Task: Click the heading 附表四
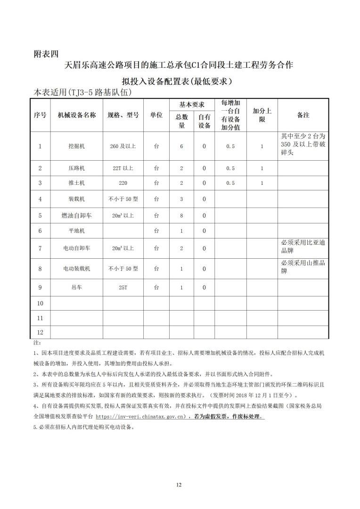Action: click(x=47, y=53)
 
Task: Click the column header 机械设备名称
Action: click(x=77, y=115)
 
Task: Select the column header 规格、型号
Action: click(x=123, y=115)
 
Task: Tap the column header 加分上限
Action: click(x=262, y=115)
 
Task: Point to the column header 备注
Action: click(x=303, y=115)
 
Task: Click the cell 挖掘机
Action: click(x=77, y=146)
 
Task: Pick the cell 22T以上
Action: click(x=123, y=168)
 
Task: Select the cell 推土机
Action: click(x=77, y=183)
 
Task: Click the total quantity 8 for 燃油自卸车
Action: click(x=181, y=215)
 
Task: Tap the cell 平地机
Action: click(x=77, y=230)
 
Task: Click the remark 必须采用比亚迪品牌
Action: click(x=303, y=246)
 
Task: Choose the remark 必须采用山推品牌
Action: click(x=303, y=267)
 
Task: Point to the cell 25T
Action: click(x=123, y=287)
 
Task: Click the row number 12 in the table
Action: click(x=40, y=331)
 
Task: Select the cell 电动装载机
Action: click(x=77, y=269)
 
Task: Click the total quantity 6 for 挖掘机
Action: click(x=181, y=146)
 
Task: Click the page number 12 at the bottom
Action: click(x=179, y=484)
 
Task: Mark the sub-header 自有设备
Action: click(x=204, y=122)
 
